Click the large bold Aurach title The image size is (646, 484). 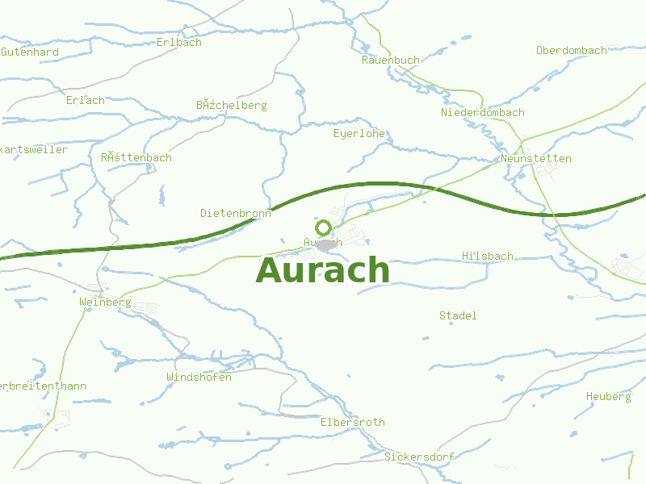click(x=323, y=271)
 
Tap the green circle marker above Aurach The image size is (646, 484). click(x=324, y=227)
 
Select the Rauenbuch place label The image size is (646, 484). click(x=391, y=60)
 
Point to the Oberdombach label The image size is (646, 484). click(x=571, y=50)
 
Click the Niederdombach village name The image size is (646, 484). click(x=482, y=112)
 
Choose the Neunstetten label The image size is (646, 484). click(x=535, y=158)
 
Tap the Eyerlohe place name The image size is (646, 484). click(x=359, y=133)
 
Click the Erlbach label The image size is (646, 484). click(x=179, y=42)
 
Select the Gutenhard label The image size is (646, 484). click(x=30, y=52)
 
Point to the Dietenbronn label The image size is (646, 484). click(x=236, y=213)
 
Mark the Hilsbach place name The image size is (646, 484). click(x=487, y=256)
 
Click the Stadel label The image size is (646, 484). click(x=458, y=315)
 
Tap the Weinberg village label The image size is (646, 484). click(x=105, y=302)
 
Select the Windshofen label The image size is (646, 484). click(x=199, y=377)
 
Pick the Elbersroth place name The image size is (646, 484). click(x=353, y=422)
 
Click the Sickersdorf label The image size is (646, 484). click(x=419, y=457)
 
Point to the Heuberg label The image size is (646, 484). click(x=609, y=397)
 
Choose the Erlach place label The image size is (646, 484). click(x=86, y=100)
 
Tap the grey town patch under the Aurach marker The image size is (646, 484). click(x=326, y=244)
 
